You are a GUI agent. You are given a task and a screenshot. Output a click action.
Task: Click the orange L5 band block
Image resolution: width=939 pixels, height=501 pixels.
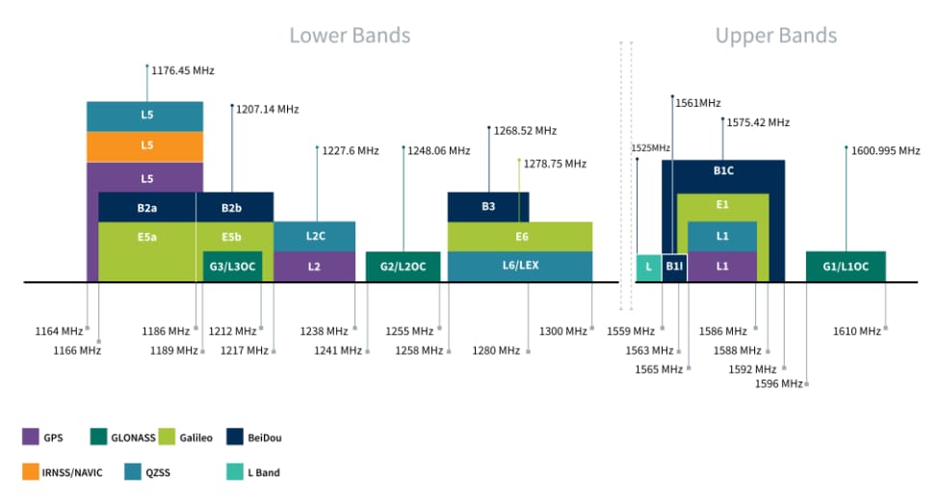145,145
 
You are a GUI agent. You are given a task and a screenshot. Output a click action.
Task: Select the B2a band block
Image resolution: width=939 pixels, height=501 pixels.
147,207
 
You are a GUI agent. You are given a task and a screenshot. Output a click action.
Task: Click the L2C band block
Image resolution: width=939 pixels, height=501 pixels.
314,236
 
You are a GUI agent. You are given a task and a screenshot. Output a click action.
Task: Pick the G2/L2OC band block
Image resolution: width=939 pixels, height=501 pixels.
403,266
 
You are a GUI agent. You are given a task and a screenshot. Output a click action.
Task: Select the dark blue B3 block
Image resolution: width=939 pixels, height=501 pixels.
488,207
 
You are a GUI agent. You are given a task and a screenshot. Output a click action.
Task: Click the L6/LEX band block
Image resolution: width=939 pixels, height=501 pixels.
520,266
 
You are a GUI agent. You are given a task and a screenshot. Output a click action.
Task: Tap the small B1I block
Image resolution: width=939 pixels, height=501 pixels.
674,267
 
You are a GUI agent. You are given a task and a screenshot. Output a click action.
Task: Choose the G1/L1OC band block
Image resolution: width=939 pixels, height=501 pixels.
846,266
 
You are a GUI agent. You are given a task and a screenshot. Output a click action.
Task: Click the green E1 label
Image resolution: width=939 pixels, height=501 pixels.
722,205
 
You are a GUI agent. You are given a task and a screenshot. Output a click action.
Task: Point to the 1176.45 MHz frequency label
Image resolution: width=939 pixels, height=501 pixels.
183,70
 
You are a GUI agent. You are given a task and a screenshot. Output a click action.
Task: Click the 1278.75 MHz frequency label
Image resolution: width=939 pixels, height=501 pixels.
555,164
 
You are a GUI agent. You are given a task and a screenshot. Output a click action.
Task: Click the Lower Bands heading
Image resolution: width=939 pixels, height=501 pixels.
350,36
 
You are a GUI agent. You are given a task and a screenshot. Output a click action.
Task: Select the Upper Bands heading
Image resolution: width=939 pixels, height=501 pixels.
775,36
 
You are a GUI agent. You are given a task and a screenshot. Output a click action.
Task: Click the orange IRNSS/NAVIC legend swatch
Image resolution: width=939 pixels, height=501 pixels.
31,472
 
